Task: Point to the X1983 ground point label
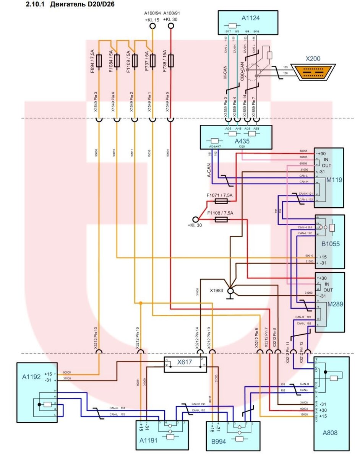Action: click(216, 290)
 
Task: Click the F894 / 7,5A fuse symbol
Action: click(99, 61)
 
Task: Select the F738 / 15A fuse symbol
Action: click(170, 61)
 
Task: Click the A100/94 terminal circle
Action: click(152, 26)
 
